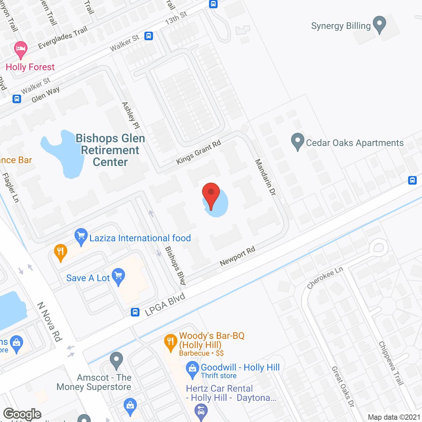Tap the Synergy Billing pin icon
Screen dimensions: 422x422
pyautogui.click(x=379, y=24)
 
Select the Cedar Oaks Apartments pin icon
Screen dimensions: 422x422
pyautogui.click(x=297, y=141)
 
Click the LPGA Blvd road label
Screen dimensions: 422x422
pyautogui.click(x=165, y=305)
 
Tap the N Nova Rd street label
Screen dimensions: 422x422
pyautogui.click(x=50, y=322)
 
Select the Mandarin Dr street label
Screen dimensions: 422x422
pyautogui.click(x=265, y=177)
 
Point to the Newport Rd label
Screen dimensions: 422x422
pyautogui.click(x=237, y=256)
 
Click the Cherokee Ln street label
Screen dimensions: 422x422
pyautogui.click(x=325, y=278)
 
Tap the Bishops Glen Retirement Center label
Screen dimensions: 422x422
pyautogui.click(x=110, y=150)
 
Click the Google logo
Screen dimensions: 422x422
pyautogui.click(x=22, y=414)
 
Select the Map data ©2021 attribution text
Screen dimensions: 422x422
pyautogui.click(x=394, y=417)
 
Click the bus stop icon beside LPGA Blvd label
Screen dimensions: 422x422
pyautogui.click(x=135, y=312)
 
